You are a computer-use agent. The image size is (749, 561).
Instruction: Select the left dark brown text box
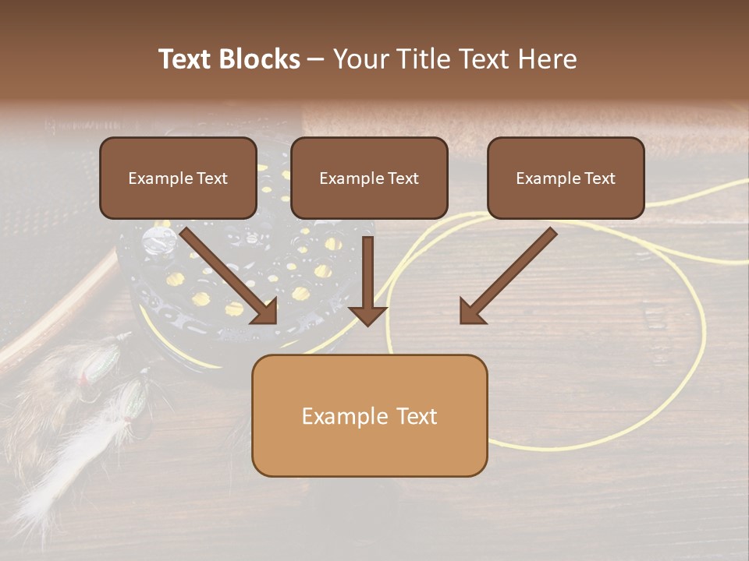click(178, 178)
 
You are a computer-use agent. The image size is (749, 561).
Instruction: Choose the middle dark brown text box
click(369, 178)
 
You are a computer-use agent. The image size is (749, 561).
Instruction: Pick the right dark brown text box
click(566, 178)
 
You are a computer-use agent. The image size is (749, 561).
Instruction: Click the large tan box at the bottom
click(369, 416)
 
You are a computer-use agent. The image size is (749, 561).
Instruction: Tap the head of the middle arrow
click(368, 315)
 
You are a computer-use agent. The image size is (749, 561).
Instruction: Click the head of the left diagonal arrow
click(267, 312)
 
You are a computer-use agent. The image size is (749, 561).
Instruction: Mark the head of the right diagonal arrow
click(470, 312)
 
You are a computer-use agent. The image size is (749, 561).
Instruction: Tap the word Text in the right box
click(599, 178)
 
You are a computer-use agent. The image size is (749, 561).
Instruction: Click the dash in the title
click(316, 59)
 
